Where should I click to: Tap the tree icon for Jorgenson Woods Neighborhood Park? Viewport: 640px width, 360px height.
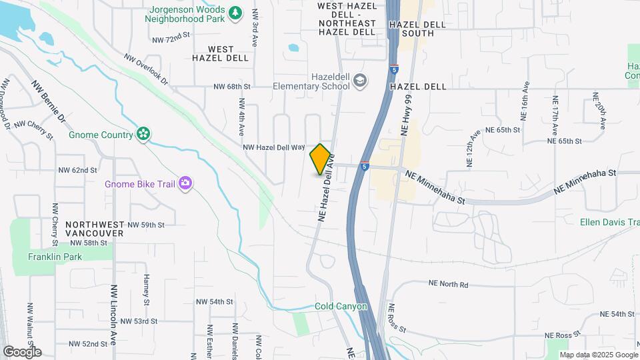pyautogui.click(x=235, y=13)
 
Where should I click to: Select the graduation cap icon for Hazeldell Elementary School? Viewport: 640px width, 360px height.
pyautogui.click(x=361, y=81)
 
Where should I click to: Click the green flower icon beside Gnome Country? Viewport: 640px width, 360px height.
pyautogui.click(x=143, y=135)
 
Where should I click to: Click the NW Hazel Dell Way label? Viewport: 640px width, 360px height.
pyautogui.click(x=273, y=147)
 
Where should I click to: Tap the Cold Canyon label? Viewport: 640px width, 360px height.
pyautogui.click(x=341, y=307)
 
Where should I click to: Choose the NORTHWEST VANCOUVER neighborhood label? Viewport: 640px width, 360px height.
pyautogui.click(x=95, y=229)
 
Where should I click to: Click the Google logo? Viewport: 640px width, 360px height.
pyautogui.click(x=22, y=351)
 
